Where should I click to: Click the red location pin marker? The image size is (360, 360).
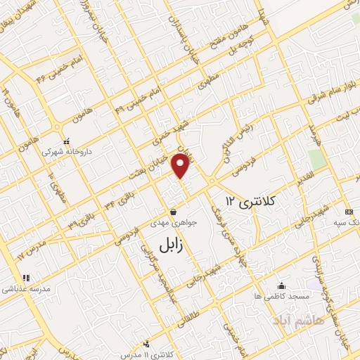tap(181, 167)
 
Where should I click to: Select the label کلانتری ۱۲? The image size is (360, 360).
tap(252, 201)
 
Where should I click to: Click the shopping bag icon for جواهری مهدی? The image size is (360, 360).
tap(173, 211)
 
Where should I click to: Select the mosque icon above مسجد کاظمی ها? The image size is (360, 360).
tap(282, 285)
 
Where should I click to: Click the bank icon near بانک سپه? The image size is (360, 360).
tap(349, 212)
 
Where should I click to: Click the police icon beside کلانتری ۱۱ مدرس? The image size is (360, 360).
tap(146, 344)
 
